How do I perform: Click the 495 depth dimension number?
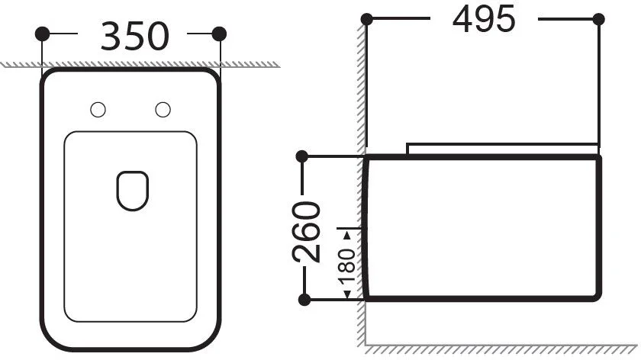pyautogui.click(x=484, y=20)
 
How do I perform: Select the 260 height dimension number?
pyautogui.click(x=308, y=232)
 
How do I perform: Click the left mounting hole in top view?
pyautogui.click(x=97, y=110)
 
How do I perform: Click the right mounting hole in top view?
pyautogui.click(x=162, y=110)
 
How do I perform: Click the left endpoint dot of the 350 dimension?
pyautogui.click(x=43, y=34)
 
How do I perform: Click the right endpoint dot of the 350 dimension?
pyautogui.click(x=220, y=34)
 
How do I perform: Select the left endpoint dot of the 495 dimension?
pyautogui.click(x=367, y=19)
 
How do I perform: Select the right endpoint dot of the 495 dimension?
pyautogui.click(x=598, y=19)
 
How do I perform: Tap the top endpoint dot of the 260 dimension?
pyautogui.click(x=304, y=157)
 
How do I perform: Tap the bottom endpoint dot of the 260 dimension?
pyautogui.click(x=304, y=298)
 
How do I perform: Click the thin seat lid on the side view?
pyautogui.click(x=504, y=147)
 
